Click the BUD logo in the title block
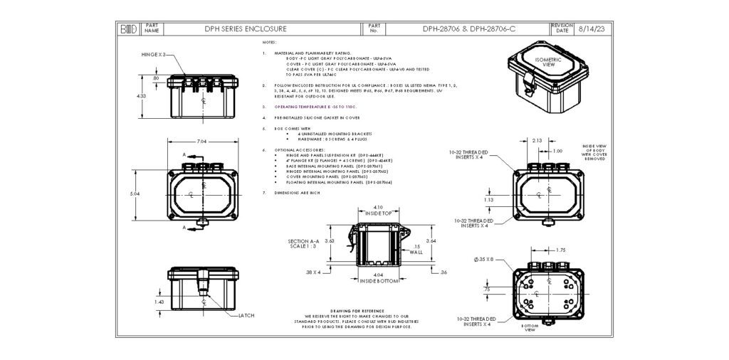128,29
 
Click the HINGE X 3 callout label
152,55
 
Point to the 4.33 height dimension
141,95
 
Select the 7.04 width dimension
203,142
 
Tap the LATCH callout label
246,314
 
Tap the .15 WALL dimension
416,249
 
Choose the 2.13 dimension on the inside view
537,140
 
